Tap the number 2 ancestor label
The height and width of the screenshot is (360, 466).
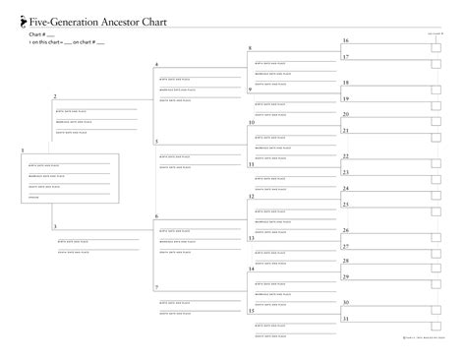pos(55,96)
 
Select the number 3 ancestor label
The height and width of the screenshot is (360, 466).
pos(55,226)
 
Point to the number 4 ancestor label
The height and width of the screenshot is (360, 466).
pos(156,65)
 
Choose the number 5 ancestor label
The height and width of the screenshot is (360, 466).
pos(156,143)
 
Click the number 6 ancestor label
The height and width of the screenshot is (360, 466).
pos(156,215)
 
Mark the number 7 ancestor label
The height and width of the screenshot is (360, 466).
pos(156,286)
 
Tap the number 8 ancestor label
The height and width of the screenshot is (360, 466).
pos(250,48)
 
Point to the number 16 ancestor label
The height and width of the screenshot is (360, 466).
pos(345,40)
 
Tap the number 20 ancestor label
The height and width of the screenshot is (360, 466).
pos(345,114)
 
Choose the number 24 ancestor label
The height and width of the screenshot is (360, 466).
pos(345,188)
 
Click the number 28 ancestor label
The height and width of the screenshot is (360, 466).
pos(345,261)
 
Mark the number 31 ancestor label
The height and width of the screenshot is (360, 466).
pos(345,319)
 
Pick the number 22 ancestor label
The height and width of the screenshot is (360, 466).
pos(345,156)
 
